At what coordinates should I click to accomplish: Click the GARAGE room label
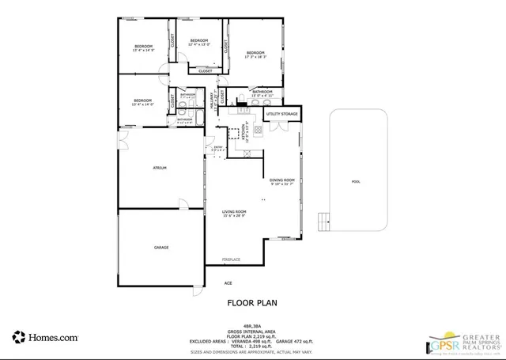(161, 248)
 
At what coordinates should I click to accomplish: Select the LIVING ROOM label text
(234, 213)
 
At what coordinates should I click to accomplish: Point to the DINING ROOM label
(281, 182)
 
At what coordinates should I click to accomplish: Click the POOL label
(356, 181)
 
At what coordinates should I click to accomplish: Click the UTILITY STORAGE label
(282, 114)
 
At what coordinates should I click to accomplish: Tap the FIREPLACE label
(231, 259)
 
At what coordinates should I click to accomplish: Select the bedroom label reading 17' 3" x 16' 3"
(255, 55)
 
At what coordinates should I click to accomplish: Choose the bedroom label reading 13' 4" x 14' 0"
(142, 102)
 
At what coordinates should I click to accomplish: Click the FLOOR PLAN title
(252, 301)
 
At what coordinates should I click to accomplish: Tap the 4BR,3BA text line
(252, 325)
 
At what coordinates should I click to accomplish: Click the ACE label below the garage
(228, 283)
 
